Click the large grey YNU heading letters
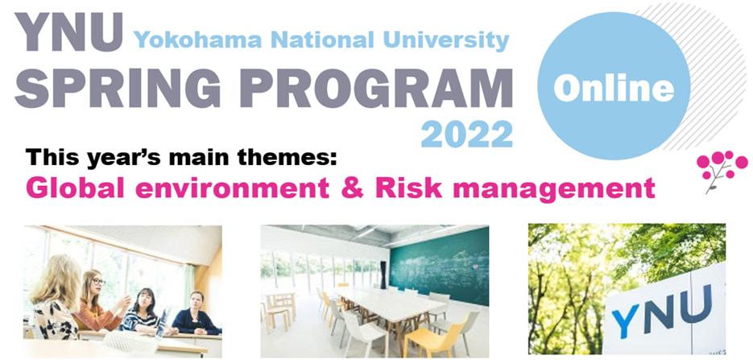click(x=68, y=32)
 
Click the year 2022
click(x=467, y=134)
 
